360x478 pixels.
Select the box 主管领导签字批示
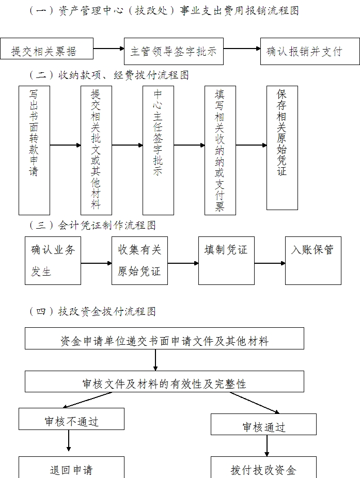(174, 51)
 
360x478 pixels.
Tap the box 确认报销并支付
(304, 51)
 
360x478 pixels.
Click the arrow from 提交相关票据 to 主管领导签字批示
(109, 50)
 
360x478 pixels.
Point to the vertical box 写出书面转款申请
(34, 150)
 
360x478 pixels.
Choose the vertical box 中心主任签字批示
(158, 150)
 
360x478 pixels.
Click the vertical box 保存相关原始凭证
(282, 148)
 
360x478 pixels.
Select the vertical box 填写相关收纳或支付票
(220, 150)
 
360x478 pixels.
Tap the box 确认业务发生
(53, 260)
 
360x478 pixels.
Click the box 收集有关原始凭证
(139, 260)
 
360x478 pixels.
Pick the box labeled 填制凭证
(226, 260)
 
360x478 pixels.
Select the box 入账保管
(313, 260)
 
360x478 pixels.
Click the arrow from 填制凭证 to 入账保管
(270, 263)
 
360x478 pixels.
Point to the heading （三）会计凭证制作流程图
(93, 226)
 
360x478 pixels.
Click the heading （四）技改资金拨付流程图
(93, 311)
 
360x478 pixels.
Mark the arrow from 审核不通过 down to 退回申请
(69, 442)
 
